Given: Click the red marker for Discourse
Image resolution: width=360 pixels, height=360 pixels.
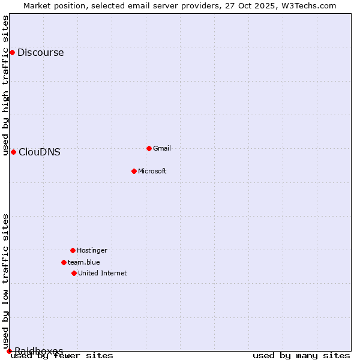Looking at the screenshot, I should click(12, 52).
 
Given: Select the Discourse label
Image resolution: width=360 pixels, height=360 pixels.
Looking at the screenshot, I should click(40, 52).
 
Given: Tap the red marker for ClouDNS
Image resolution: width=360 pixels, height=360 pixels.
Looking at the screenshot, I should click(13, 152).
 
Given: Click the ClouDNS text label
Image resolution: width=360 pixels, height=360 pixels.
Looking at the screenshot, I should click(39, 152).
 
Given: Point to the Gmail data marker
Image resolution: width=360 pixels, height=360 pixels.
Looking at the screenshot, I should click(149, 148).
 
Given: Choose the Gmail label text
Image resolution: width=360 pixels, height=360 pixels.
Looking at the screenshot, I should click(162, 148).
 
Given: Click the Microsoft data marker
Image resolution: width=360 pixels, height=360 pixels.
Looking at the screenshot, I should click(134, 171).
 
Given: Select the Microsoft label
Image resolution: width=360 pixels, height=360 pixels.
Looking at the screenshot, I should click(152, 171).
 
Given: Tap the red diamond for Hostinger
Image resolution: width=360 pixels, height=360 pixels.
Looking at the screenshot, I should click(73, 250).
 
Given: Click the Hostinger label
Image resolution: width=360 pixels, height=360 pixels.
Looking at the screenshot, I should click(92, 250).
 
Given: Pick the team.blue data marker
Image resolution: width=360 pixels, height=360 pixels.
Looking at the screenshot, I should click(64, 262).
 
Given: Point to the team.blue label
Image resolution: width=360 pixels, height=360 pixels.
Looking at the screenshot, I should click(83, 262).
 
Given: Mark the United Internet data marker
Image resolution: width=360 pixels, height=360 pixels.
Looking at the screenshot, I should click(74, 273).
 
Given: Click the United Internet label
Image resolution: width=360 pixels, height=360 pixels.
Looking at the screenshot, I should click(102, 273).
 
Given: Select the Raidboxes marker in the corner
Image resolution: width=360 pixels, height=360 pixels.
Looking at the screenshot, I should click(9, 351).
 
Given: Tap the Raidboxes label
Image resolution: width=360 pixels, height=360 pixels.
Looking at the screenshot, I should click(38, 350).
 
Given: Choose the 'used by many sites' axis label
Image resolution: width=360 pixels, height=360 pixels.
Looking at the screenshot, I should click(301, 356).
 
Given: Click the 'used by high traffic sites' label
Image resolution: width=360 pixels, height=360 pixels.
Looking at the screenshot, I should click(6, 85).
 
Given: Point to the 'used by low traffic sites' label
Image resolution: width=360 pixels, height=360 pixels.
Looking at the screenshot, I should click(6, 281).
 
